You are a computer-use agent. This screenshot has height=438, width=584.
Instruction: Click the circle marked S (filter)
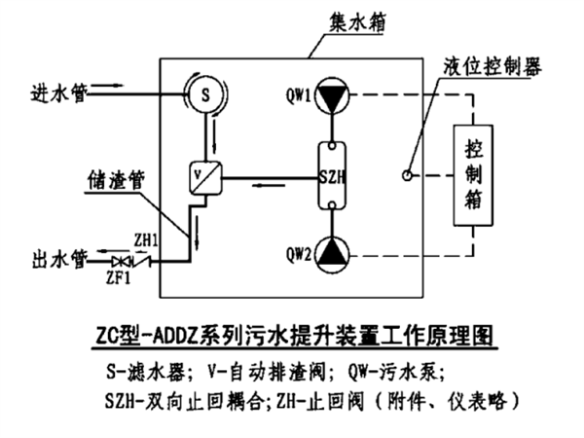(x=204, y=95)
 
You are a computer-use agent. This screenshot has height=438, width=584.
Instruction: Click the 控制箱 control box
(x=473, y=176)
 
